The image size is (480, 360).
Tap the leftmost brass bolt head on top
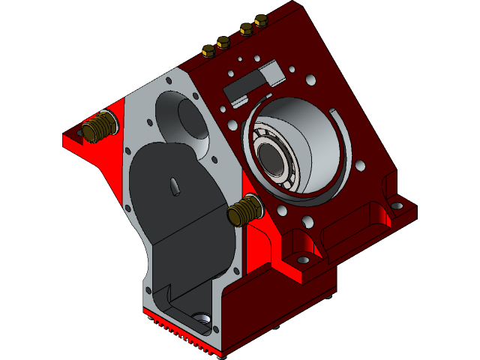(x=208, y=50)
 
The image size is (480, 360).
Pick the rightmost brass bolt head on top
(x=261, y=21)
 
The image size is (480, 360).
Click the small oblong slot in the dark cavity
(x=174, y=186)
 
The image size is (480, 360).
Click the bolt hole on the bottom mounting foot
(x=303, y=259)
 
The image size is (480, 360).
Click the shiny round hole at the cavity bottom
(x=202, y=322)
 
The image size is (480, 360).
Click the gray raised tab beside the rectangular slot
(x=271, y=72)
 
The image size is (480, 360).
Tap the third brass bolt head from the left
(x=246, y=29)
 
